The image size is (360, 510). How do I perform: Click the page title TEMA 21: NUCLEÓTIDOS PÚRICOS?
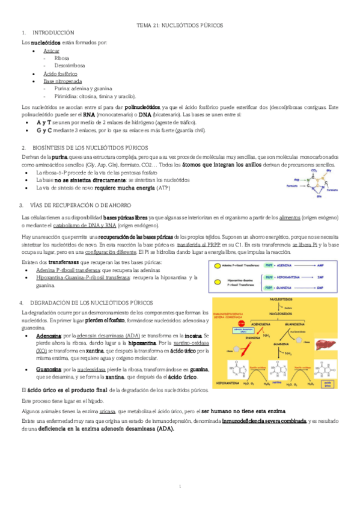coord(180,26)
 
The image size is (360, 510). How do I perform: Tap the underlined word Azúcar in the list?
coord(51,51)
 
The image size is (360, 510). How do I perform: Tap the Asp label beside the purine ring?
coord(296,179)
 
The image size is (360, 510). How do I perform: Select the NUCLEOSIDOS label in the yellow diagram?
coord(281,314)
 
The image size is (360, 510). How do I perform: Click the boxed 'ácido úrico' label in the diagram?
coord(327,382)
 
